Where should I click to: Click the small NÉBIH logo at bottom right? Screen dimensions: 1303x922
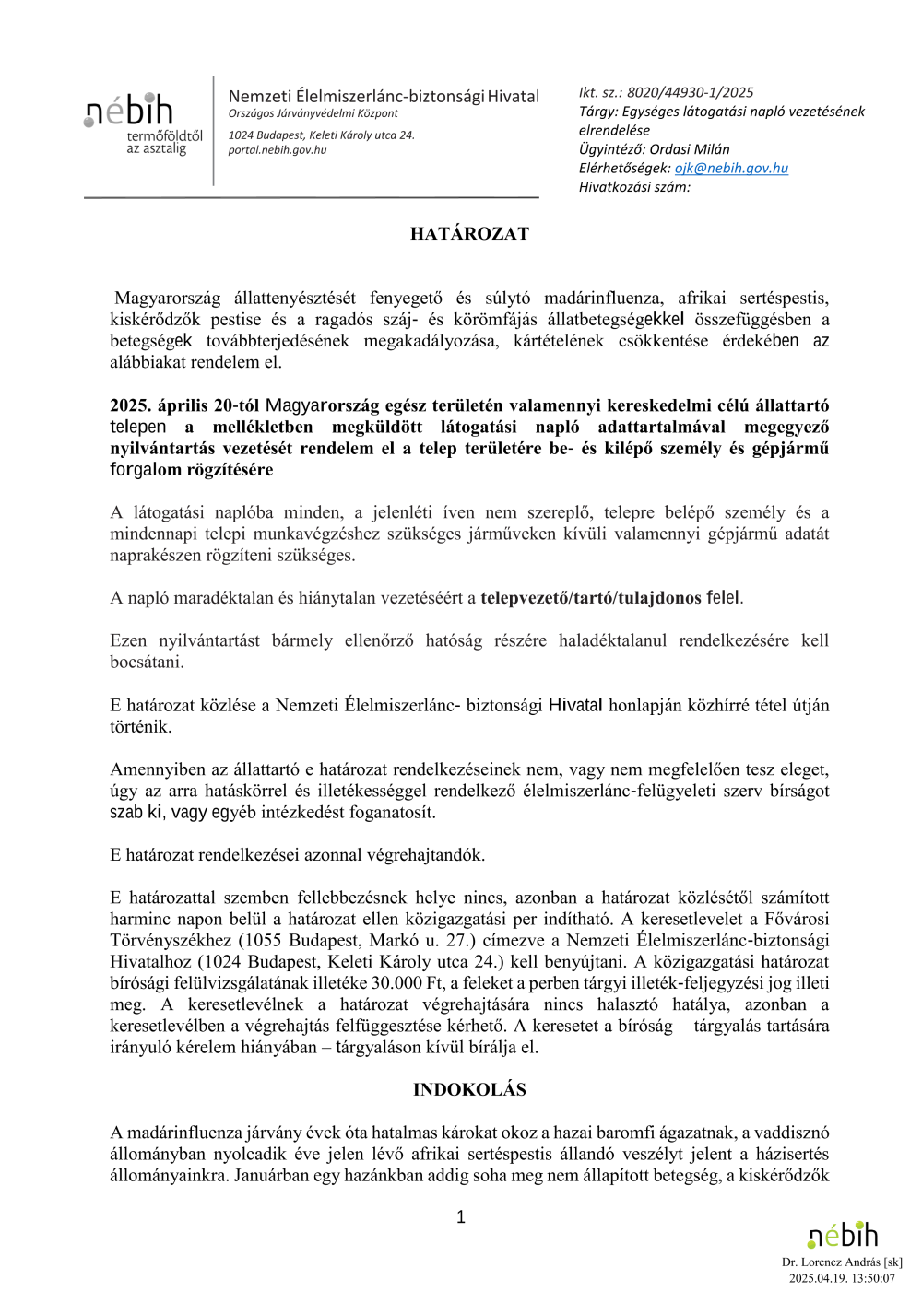pos(843,1235)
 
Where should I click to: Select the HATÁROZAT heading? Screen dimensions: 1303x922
pos(469,234)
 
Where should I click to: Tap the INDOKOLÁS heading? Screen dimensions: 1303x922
pos(469,1090)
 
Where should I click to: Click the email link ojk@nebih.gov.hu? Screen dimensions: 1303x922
pos(731,169)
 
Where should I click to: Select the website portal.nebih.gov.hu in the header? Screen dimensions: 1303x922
pos(278,150)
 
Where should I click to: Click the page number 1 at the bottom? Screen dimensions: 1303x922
pos(461,1217)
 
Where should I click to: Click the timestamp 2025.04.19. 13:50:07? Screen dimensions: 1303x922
pos(842,1278)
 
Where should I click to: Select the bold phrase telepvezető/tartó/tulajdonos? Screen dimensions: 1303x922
pos(591,598)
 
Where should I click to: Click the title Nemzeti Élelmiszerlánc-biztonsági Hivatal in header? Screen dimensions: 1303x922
pos(384,97)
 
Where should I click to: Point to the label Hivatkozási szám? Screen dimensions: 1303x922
pos(634,187)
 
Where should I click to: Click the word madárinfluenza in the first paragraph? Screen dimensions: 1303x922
pos(603,299)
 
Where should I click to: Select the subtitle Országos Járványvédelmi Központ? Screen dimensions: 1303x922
pos(313,113)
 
